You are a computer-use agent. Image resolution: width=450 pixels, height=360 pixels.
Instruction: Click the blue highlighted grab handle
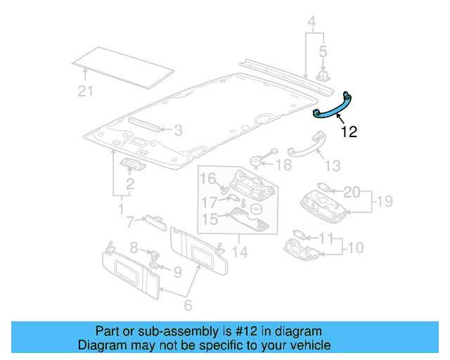click(x=334, y=106)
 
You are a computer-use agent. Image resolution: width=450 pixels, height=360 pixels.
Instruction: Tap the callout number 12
click(x=349, y=131)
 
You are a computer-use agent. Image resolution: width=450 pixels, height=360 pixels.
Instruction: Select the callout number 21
click(x=85, y=89)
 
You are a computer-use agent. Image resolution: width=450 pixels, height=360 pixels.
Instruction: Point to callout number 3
click(x=178, y=130)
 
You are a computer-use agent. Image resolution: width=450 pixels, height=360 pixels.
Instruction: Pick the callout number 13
click(x=332, y=165)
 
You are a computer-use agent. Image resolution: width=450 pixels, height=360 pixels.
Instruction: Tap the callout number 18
click(x=282, y=165)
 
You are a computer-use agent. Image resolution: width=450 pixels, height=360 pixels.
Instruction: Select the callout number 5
click(x=323, y=51)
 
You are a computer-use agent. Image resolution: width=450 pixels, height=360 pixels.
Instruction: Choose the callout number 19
click(x=382, y=202)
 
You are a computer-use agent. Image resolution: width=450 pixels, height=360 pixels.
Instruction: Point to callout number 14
click(x=240, y=250)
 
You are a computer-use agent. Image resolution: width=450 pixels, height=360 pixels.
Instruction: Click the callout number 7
click(x=130, y=222)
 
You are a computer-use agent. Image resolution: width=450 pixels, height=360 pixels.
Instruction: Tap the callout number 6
click(x=187, y=306)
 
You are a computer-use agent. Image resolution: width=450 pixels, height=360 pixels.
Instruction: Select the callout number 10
click(x=356, y=247)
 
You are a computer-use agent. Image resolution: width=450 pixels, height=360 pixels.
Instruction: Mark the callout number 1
click(x=120, y=210)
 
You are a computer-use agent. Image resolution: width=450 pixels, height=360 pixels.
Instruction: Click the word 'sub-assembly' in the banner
click(x=160, y=331)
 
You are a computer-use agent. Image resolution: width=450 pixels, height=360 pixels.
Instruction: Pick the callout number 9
click(x=177, y=271)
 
